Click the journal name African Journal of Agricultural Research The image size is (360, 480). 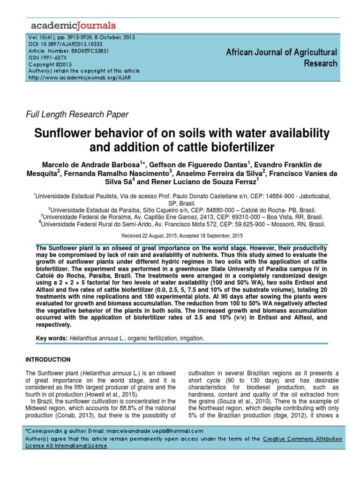coord(281,58)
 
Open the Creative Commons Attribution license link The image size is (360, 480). coord(302,439)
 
